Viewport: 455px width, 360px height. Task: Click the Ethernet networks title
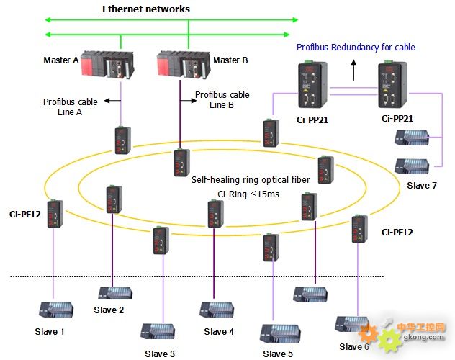pos(146,9)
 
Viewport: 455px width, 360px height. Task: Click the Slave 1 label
pos(50,331)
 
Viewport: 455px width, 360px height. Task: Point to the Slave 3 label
pos(159,354)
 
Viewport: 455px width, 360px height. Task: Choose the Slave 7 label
pos(422,186)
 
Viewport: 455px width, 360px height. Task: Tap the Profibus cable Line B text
pos(222,100)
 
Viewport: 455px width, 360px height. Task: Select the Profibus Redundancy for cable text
pos(356,48)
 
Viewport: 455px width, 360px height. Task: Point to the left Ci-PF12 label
pos(24,214)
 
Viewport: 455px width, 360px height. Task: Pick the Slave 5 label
pos(277,354)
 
